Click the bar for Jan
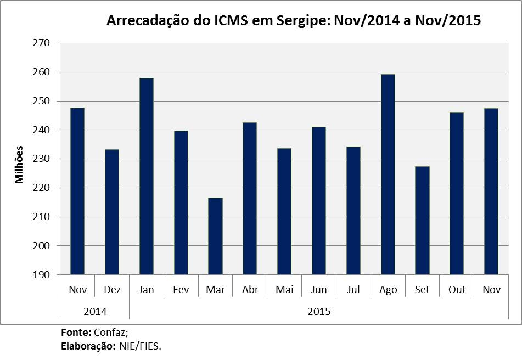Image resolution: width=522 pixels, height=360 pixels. tap(147, 176)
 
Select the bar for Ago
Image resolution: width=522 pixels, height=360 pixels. tap(388, 175)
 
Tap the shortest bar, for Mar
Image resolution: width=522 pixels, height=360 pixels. tap(215, 236)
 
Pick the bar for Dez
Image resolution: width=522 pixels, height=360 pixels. tap(112, 212)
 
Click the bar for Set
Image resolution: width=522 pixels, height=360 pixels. tap(422, 220)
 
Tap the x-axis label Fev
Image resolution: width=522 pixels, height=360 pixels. tap(181, 289)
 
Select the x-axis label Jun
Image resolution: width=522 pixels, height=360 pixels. tap(319, 289)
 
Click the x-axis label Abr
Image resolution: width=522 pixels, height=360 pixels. tap(250, 289)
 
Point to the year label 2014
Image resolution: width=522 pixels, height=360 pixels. tap(95, 311)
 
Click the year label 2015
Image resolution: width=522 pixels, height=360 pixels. tap(318, 311)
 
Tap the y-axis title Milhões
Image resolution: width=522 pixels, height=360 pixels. tap(20, 164)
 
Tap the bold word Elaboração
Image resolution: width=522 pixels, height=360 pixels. tap(87, 346)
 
